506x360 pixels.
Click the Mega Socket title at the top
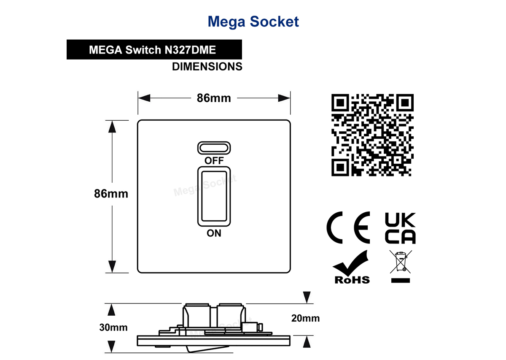coord(253,22)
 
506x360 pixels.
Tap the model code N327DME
coord(190,50)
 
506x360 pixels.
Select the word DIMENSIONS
coord(207,67)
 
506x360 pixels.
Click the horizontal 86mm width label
coord(214,98)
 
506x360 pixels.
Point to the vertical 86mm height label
coord(111,194)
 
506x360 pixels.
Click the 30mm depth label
coord(113,327)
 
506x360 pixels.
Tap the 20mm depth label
coord(305,318)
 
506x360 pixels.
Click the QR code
coord(372,135)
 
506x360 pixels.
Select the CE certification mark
coord(348,227)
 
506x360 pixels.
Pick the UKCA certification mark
coord(400,228)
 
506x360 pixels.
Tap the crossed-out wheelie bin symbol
coord(401,262)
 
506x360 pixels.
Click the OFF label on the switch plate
coord(214,160)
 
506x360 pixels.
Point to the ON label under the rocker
coord(214,233)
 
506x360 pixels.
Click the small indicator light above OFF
coord(214,148)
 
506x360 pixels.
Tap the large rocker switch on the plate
coord(214,196)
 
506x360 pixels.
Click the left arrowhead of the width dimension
coord(144,98)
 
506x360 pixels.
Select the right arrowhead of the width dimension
coord(284,98)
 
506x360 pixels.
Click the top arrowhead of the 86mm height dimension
coord(112,127)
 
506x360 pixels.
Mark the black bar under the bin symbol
coord(401,280)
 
